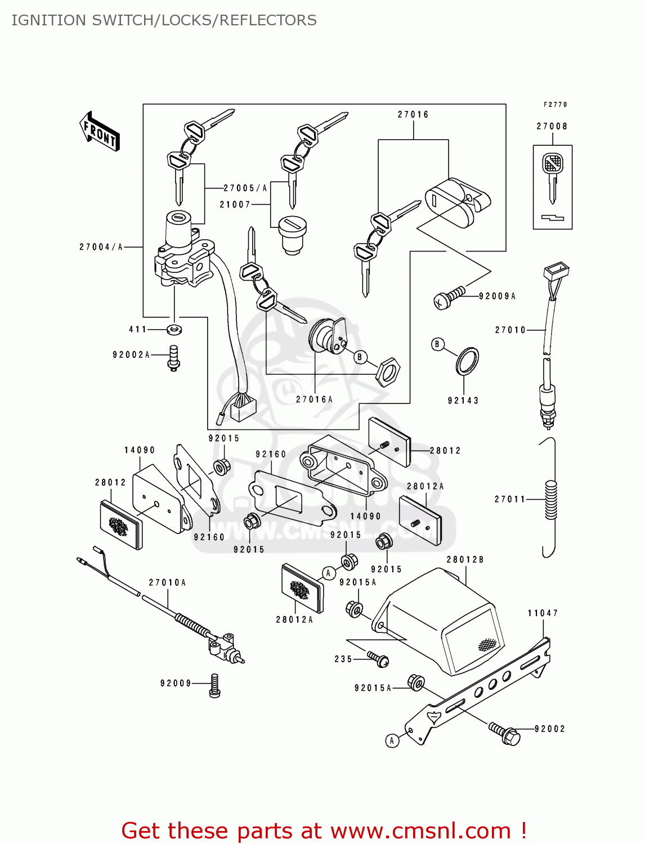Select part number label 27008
pyautogui.click(x=552, y=127)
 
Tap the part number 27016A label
pyautogui.click(x=314, y=399)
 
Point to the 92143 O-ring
pyautogui.click(x=467, y=362)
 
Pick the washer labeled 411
pyautogui.click(x=175, y=329)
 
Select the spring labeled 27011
pyautogui.click(x=550, y=500)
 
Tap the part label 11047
pyautogui.click(x=543, y=613)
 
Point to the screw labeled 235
pyautogui.click(x=378, y=659)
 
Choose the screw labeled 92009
pyautogui.click(x=214, y=686)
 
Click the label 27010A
pyautogui.click(x=167, y=583)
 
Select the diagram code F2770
pyautogui.click(x=555, y=105)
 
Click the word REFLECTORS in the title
pyautogui.click(x=268, y=20)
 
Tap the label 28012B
pyautogui.click(x=465, y=560)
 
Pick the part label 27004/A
pyautogui.click(x=101, y=247)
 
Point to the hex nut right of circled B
pyautogui.click(x=388, y=372)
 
